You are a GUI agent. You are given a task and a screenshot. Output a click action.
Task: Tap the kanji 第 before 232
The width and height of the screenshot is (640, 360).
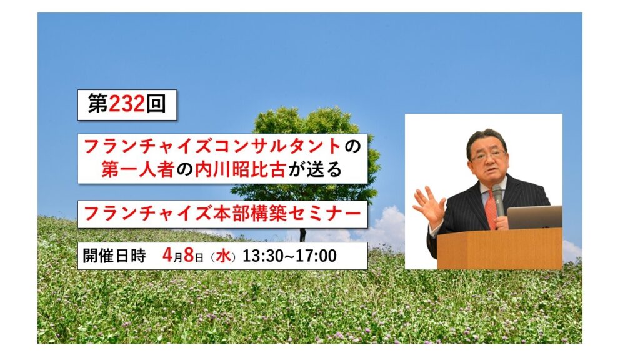pos(98,104)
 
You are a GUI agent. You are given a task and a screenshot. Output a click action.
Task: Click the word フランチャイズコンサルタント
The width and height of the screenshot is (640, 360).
pos(212,146)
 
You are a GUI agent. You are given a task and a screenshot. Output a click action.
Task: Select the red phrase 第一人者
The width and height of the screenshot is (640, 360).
pos(137,169)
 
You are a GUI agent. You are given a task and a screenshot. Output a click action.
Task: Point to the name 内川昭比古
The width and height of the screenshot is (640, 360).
pos(239,169)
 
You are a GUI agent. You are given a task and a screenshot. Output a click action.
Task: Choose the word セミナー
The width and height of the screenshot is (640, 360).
pos(324,214)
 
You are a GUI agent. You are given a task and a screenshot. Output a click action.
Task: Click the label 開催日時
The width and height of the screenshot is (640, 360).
pos(114,256)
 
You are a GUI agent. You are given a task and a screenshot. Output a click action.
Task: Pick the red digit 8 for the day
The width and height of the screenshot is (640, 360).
pos(189,256)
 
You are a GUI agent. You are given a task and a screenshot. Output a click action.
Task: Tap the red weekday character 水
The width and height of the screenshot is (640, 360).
pos(223,256)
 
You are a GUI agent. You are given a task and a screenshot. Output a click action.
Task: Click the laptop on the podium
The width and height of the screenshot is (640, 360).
pos(535,217)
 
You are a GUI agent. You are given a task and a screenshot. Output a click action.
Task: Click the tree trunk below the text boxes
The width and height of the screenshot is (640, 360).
pos(303,235)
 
